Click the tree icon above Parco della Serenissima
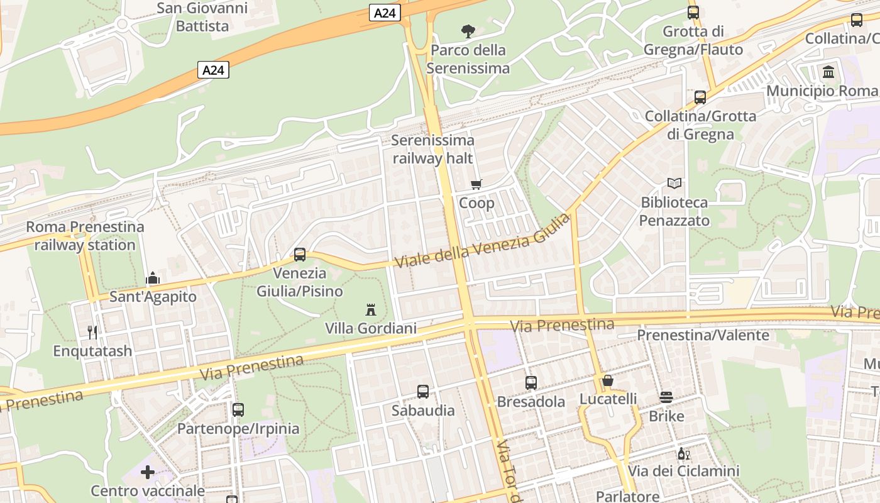[x=468, y=30]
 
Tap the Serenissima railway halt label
[x=432, y=149]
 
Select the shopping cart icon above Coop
[x=476, y=184]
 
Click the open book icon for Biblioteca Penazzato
[x=674, y=183]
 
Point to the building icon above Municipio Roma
[x=828, y=72]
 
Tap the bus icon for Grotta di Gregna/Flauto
[x=693, y=13]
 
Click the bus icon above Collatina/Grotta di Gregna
[x=700, y=97]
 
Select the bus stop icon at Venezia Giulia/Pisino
[x=300, y=255]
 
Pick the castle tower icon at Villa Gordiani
[x=371, y=309]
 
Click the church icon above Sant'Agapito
[x=153, y=278]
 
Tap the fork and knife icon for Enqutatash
[x=92, y=332]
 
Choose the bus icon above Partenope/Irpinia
[x=238, y=410]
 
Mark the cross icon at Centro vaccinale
[x=148, y=472]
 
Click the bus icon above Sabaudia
[x=423, y=392]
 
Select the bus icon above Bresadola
[x=531, y=382]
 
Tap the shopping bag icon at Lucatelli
[x=608, y=380]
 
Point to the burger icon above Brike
[x=666, y=397]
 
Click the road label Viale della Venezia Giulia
[x=483, y=241]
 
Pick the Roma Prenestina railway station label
[x=85, y=236]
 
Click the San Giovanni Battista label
[x=202, y=17]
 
